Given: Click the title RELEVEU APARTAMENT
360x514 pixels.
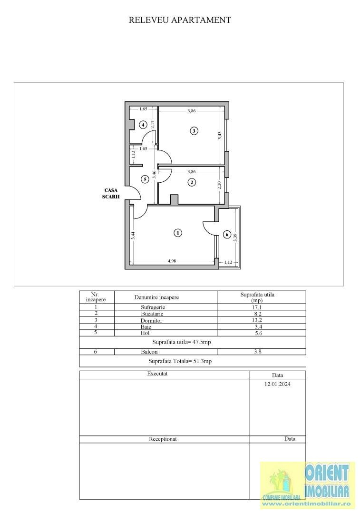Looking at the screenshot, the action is click(x=179, y=20).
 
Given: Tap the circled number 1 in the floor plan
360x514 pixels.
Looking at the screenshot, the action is click(x=177, y=233).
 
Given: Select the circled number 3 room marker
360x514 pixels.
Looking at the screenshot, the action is click(x=194, y=131).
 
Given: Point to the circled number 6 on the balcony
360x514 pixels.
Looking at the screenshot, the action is click(x=227, y=234).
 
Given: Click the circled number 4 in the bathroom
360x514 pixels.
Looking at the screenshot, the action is click(x=142, y=125).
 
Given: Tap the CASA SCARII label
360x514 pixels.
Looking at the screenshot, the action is click(x=111, y=193).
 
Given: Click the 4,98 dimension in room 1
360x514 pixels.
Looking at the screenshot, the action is click(x=172, y=261).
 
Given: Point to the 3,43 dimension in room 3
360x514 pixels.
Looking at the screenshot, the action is click(x=220, y=135).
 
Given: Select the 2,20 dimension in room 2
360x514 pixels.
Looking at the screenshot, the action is click(x=220, y=185).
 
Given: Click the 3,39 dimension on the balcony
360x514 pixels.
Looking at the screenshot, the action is click(x=234, y=237).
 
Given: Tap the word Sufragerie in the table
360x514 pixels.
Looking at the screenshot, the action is click(x=153, y=307).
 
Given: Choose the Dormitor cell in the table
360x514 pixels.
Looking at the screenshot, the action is click(x=151, y=321).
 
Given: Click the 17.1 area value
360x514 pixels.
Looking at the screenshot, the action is click(x=257, y=307).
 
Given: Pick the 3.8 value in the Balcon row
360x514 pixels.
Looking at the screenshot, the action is click(x=258, y=351).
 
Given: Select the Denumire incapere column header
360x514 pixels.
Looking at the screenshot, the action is click(x=156, y=297).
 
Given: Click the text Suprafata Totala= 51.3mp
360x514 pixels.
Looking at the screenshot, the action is click(x=180, y=361).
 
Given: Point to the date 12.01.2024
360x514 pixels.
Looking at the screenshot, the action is click(x=277, y=384).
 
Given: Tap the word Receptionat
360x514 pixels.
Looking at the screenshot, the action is click(x=163, y=439).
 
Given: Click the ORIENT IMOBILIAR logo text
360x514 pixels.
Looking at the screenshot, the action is click(x=327, y=480).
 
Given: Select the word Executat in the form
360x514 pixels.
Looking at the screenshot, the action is click(x=157, y=374).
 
